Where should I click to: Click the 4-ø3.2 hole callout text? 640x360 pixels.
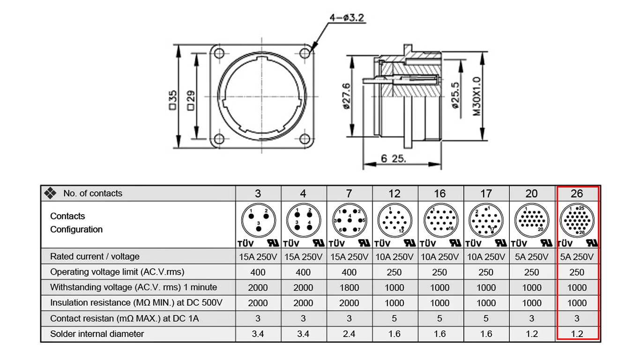tap(347, 18)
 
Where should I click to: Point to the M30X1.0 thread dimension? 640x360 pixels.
tap(476, 97)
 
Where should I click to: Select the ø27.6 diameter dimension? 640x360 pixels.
tap(346, 96)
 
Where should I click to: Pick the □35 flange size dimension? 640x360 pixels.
tap(173, 100)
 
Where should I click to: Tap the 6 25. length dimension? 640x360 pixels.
tap(393, 158)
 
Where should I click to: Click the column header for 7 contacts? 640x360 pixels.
tap(349, 194)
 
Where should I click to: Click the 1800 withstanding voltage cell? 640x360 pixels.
tap(349, 288)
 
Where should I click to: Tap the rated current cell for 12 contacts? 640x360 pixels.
tap(394, 257)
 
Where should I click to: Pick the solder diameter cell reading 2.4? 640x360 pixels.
tap(349, 334)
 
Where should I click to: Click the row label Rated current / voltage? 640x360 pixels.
tap(95, 256)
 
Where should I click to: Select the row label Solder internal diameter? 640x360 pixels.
tap(97, 334)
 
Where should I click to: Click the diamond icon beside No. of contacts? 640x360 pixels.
tap(50, 193)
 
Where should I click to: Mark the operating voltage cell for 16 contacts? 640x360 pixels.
tap(440, 272)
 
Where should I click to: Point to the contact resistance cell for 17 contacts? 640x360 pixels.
tap(486, 319)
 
